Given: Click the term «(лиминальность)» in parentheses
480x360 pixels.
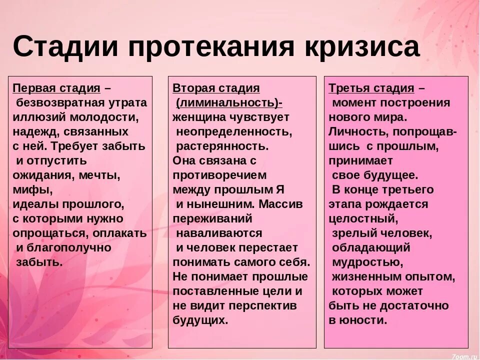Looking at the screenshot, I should pos(227,103).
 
